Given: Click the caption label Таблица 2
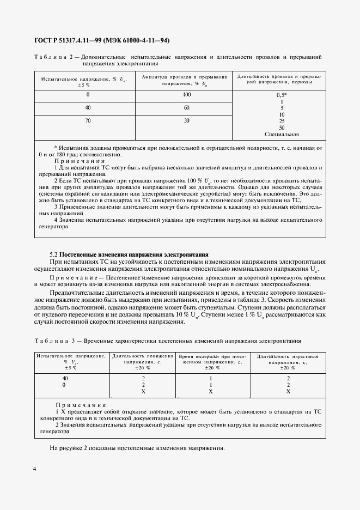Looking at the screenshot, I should pyautogui.click(x=53, y=57).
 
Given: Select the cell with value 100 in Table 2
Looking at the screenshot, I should pyautogui.click(x=187, y=94).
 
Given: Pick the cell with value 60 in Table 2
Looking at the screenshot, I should pyautogui.click(x=187, y=108).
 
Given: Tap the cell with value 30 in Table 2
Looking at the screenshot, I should pyautogui.click(x=187, y=121).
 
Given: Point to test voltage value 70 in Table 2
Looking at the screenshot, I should pyautogui.click(x=88, y=121).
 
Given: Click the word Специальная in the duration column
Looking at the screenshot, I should pyautogui.click(x=282, y=134).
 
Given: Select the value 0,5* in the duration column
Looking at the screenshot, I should pyautogui.click(x=282, y=95).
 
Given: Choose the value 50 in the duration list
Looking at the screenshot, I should pyautogui.click(x=282, y=127).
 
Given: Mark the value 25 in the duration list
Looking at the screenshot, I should pyautogui.click(x=282, y=121).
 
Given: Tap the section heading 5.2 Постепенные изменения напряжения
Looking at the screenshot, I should pyautogui.click(x=129, y=254).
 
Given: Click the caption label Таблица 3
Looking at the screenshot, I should pyautogui.click(x=54, y=341).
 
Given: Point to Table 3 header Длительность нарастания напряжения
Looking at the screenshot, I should pyautogui.click(x=288, y=361).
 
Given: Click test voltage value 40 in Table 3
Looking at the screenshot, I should pyautogui.click(x=65, y=378).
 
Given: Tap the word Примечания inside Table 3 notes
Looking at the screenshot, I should pyautogui.click(x=81, y=405).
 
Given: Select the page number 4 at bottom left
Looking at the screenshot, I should pyautogui.click(x=35, y=469).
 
